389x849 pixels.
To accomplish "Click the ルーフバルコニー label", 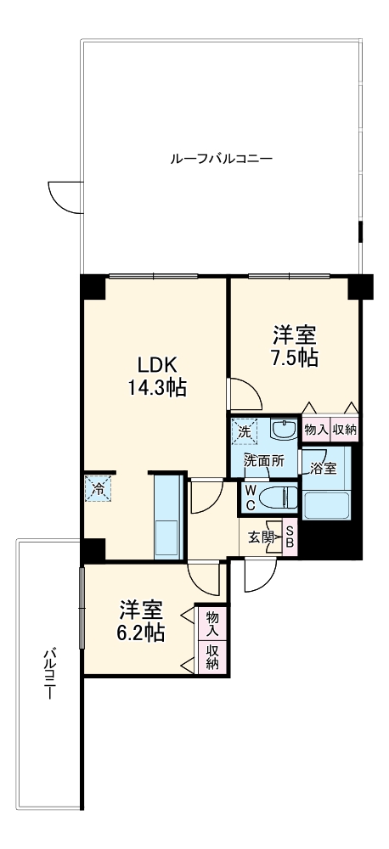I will click(221, 158).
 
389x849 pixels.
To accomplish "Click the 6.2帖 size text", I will click(141, 632).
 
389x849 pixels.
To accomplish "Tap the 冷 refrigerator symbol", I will click(97, 488).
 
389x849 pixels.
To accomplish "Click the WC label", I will click(251, 497).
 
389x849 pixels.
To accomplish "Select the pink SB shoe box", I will click(289, 537).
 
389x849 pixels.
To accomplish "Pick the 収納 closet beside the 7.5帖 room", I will click(344, 430).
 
